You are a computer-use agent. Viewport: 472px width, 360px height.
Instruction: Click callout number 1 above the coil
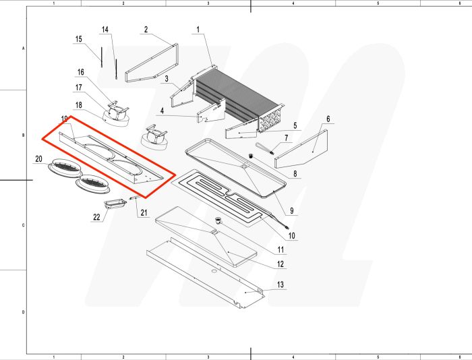point(198,30)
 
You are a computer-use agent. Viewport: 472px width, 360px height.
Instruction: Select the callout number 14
point(105,30)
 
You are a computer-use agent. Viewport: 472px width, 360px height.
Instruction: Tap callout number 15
point(78,38)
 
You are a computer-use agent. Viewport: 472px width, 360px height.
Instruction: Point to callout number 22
point(96,216)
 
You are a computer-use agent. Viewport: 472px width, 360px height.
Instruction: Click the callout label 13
point(281,286)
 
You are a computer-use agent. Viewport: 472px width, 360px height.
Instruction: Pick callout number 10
point(292,235)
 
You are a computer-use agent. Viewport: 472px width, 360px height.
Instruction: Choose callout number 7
point(286,138)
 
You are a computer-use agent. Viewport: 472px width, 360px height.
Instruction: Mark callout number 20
point(39,158)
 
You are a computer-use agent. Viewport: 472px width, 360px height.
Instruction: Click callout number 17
point(79,88)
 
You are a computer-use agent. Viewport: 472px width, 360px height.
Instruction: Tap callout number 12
point(280,264)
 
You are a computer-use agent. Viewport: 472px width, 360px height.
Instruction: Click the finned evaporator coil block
point(236,101)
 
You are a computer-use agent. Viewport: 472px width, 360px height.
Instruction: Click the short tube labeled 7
point(264,149)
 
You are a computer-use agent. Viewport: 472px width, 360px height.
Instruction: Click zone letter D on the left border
point(24,312)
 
